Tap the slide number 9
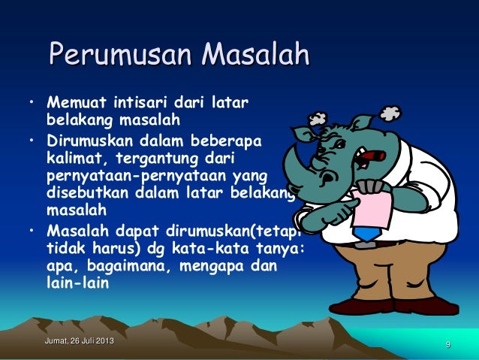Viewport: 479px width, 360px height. [447, 345]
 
